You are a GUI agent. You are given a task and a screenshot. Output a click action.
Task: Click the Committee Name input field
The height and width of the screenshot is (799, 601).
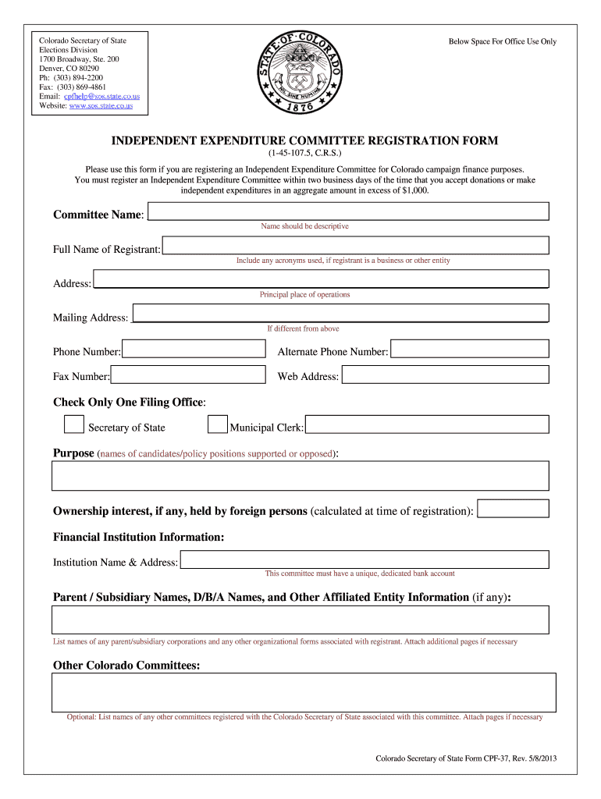point(349,211)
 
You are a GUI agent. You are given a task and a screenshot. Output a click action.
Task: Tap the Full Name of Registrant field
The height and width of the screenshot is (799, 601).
point(355,246)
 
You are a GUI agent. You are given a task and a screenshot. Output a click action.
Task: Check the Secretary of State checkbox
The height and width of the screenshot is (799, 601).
point(74,424)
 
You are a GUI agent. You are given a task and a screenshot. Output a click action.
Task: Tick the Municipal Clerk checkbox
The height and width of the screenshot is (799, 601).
point(218,424)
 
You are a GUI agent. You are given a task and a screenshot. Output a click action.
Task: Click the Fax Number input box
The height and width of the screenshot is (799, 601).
point(188,375)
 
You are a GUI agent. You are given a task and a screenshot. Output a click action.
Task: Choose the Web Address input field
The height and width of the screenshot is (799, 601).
point(445,375)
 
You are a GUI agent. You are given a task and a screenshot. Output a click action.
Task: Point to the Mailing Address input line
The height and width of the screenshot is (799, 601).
point(341,314)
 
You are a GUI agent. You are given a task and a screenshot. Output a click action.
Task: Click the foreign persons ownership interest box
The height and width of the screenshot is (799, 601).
point(513,509)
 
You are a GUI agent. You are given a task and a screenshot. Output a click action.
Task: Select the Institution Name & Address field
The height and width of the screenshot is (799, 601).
point(365,559)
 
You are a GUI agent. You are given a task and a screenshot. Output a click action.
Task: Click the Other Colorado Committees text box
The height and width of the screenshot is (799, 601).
point(304,692)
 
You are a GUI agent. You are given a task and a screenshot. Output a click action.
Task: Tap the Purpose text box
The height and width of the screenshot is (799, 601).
point(300,475)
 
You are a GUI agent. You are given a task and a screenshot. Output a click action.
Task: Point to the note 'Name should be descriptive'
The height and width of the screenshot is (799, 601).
point(304,226)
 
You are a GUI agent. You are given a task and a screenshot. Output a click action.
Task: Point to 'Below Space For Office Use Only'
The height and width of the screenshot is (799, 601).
point(503,42)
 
